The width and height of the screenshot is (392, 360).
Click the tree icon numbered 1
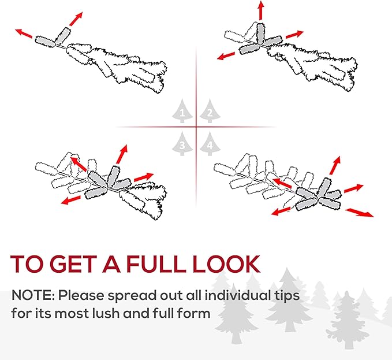click(x=182, y=111)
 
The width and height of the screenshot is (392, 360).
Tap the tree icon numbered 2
click(x=210, y=111)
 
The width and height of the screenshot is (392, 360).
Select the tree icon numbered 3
click(x=182, y=143)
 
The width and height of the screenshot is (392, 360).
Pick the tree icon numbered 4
click(x=210, y=143)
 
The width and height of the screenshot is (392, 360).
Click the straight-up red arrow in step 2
click(x=261, y=10)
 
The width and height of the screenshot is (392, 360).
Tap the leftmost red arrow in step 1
click(x=24, y=34)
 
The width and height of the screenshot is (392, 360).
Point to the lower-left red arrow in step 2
click(x=226, y=56)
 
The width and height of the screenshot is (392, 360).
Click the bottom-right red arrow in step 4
click(x=360, y=212)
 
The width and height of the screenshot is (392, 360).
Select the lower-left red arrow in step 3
click(x=71, y=199)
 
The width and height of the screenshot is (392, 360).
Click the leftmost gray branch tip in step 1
click(x=45, y=42)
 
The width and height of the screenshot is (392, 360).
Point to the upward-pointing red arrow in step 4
click(x=335, y=165)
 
